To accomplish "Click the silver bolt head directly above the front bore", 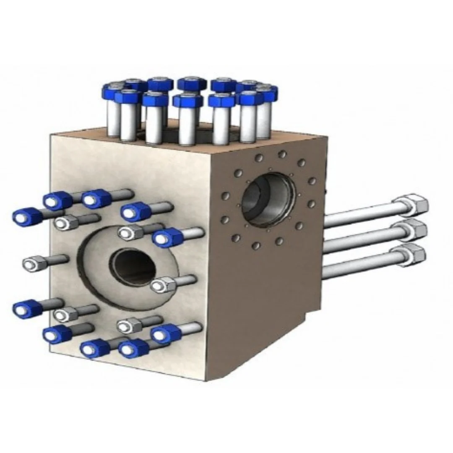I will pos(128,232).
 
